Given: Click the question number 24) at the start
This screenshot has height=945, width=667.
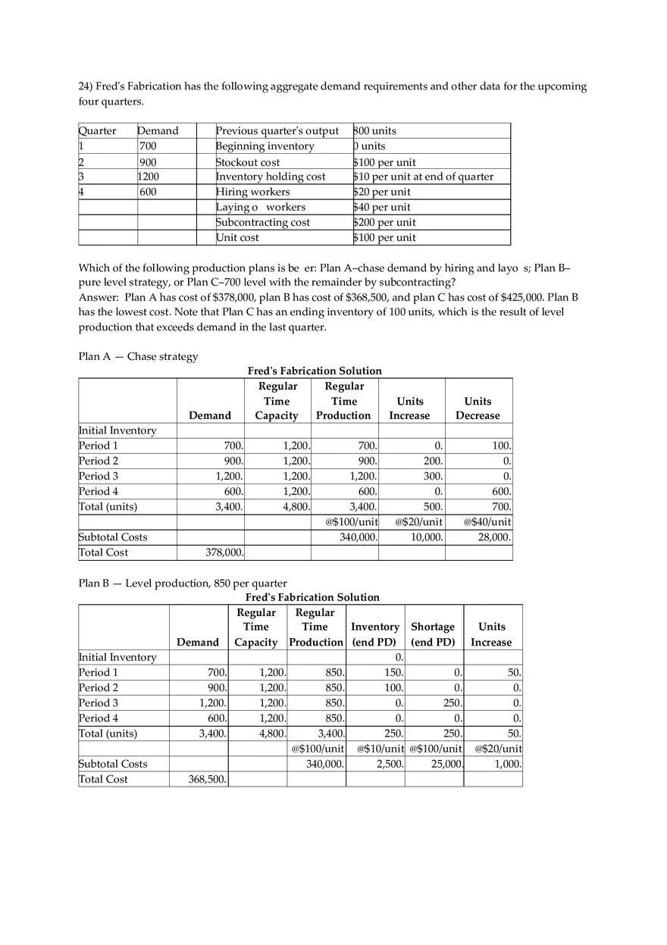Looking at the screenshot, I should pos(87,86).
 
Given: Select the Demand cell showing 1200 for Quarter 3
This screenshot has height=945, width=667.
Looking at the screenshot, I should pos(149,177).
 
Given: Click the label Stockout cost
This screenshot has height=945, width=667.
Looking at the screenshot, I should pos(248,162).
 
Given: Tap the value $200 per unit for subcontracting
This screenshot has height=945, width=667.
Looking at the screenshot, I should pos(384,222).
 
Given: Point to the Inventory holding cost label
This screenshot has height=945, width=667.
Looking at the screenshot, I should pos(271,177).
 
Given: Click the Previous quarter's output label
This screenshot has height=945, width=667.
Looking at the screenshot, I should pos(277,130).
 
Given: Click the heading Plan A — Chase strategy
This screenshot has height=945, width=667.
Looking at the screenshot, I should pos(138,356).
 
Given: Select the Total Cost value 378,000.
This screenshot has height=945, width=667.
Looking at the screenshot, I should pos(224,552).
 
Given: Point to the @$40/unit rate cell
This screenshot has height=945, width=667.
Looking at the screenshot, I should pos(485,522).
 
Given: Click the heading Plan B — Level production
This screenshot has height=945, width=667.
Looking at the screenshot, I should pos(183,583).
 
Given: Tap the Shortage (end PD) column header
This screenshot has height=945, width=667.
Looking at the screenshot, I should pos(433,634).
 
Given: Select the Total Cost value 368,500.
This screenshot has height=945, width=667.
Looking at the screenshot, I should pos(207,779).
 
